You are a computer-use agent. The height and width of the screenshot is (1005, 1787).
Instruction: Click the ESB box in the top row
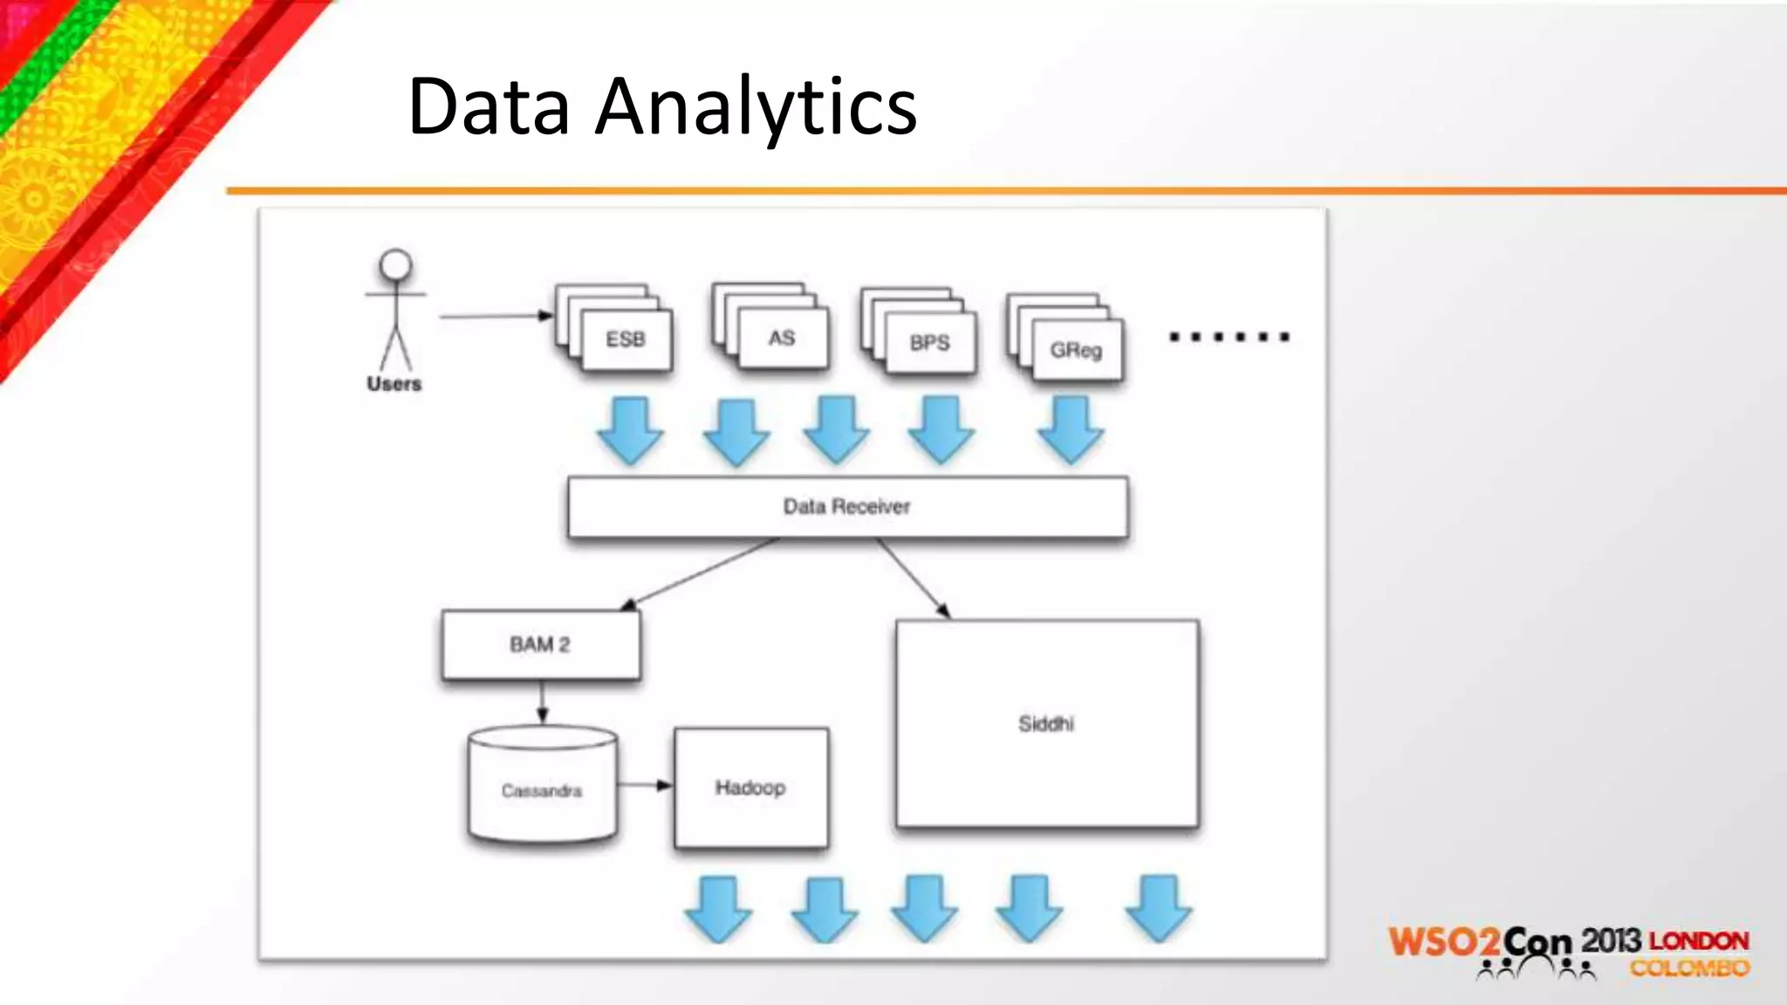coord(626,339)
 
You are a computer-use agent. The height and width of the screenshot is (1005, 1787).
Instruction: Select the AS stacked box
coord(782,338)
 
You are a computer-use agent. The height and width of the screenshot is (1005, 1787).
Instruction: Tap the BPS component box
coord(929,343)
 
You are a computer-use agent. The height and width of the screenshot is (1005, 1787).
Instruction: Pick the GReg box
coord(1076,350)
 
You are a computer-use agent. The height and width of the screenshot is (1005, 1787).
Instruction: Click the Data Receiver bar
coord(846,507)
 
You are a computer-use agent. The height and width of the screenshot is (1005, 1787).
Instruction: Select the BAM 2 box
coord(540,645)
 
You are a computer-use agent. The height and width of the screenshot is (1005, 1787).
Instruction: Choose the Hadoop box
coord(750,788)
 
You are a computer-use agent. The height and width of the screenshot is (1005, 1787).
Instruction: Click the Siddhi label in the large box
coord(1046,724)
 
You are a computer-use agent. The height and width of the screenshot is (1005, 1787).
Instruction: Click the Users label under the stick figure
coord(394,384)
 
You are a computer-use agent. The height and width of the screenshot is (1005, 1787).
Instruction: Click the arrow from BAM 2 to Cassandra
coord(542,702)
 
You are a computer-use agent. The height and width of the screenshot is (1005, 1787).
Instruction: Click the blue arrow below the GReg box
coord(1071,428)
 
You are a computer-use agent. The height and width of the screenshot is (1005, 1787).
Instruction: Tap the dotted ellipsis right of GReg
coord(1229,337)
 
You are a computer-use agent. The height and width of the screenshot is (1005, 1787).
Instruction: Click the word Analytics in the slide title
coord(756,107)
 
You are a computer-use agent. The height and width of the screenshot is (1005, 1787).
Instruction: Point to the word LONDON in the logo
coord(1699,941)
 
